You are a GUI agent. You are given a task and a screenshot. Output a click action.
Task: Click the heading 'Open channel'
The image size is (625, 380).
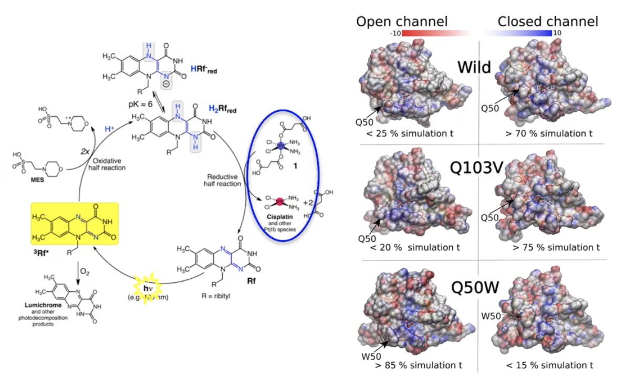(402, 22)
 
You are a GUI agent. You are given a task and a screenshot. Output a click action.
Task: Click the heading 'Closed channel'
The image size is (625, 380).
(548, 22)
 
